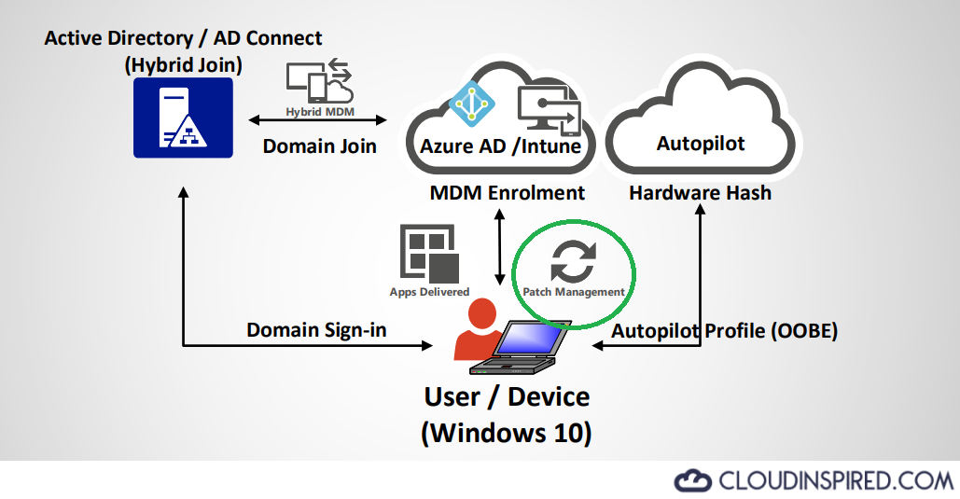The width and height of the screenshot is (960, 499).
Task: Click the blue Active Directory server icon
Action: pos(183,117)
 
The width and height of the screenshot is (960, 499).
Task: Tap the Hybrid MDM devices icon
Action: pos(318,83)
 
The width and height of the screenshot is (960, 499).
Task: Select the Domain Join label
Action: pos(319,146)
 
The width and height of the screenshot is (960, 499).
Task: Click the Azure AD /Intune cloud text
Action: pos(500,146)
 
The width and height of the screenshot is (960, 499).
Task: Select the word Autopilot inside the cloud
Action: pos(700,144)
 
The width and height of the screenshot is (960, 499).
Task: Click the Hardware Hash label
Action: pos(700,193)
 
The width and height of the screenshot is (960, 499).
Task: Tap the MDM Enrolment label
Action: pos(507,193)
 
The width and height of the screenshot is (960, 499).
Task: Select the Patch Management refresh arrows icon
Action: pos(572,261)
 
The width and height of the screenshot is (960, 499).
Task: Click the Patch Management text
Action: pos(573,292)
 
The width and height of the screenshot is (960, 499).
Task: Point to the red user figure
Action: pos(477,332)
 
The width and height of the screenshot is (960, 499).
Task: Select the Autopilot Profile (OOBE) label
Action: pos(724,331)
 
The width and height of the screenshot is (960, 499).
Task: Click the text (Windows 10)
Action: pos(507,434)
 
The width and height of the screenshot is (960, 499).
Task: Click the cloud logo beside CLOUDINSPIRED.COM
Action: pos(691,480)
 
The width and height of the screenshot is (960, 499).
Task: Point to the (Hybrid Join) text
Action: pos(183,65)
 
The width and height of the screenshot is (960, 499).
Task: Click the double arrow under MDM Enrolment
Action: pos(500,247)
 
